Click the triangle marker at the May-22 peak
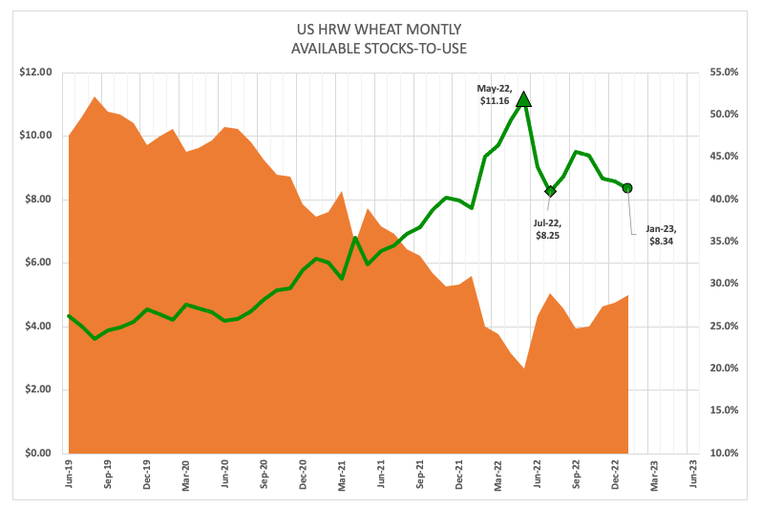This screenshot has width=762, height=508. (x=523, y=98)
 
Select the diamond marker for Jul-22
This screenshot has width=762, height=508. (x=550, y=191)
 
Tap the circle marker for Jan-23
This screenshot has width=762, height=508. (x=627, y=188)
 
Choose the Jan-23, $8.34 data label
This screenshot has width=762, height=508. (x=661, y=235)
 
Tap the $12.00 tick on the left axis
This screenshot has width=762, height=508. (x=34, y=72)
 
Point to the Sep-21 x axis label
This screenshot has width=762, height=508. (x=418, y=476)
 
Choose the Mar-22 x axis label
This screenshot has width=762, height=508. (x=497, y=476)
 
